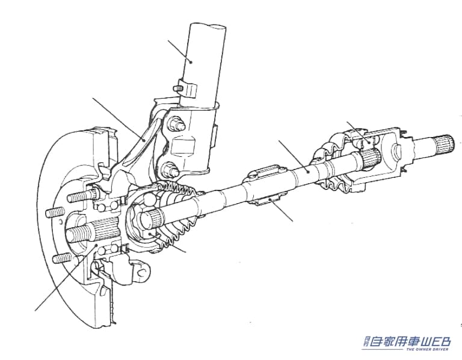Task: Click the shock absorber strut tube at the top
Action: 205,54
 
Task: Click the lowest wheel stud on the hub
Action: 63,258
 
